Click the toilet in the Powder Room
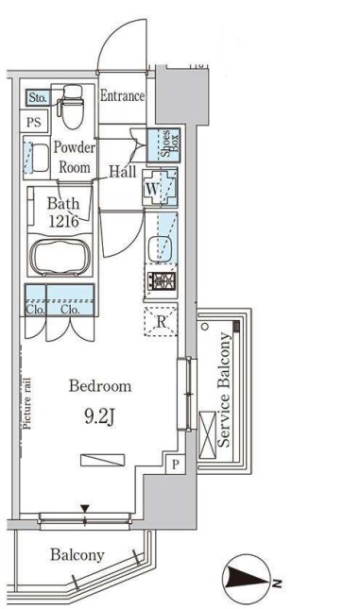(x=72, y=107)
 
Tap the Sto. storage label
(x=38, y=97)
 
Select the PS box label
(x=34, y=123)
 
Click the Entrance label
(x=122, y=96)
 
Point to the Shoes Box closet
(x=163, y=144)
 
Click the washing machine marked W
(x=160, y=189)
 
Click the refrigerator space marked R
(x=161, y=321)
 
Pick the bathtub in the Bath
(x=60, y=257)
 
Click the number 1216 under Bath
(x=63, y=221)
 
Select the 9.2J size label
(x=99, y=417)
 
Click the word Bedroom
(x=100, y=386)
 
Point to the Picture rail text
(x=26, y=403)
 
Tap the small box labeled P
(x=176, y=465)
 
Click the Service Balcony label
(x=224, y=390)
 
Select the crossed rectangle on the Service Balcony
(x=207, y=434)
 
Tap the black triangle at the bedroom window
(x=85, y=508)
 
